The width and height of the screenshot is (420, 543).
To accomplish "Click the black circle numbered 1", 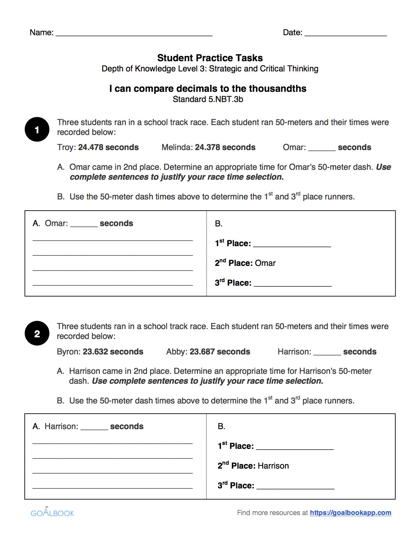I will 37,129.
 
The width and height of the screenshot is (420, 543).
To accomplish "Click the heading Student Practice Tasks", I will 210,58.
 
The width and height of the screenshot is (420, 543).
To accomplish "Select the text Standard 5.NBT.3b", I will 208,99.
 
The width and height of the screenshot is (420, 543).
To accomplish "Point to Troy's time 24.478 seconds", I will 108,147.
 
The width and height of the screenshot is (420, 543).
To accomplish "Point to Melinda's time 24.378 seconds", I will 225,147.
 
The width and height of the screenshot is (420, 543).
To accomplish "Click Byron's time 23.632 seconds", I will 113,351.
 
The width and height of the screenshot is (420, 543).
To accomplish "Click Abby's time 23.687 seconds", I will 220,351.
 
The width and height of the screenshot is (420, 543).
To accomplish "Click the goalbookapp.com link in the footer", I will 350,513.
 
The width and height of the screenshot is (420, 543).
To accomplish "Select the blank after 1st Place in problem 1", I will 292,245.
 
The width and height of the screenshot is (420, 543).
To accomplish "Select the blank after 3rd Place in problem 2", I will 295,487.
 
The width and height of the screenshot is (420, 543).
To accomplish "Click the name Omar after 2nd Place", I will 265,263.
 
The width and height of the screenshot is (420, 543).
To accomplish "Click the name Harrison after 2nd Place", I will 273,466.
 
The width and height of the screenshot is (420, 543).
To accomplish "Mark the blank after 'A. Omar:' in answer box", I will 84,225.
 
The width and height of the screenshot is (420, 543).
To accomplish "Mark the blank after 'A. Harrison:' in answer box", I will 94,427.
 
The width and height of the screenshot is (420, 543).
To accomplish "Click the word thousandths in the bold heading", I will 277,89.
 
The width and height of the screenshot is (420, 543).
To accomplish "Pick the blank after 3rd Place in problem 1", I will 293,284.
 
